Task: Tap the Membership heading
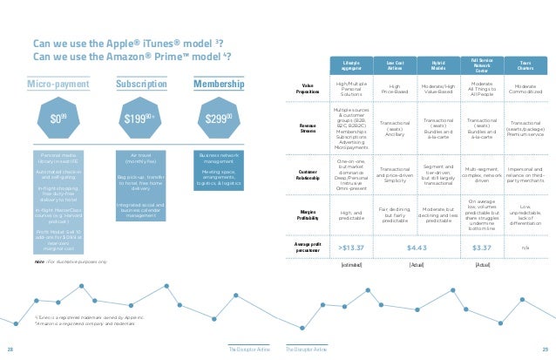point(217,85)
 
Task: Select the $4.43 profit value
point(416,248)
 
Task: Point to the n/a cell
point(525,248)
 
